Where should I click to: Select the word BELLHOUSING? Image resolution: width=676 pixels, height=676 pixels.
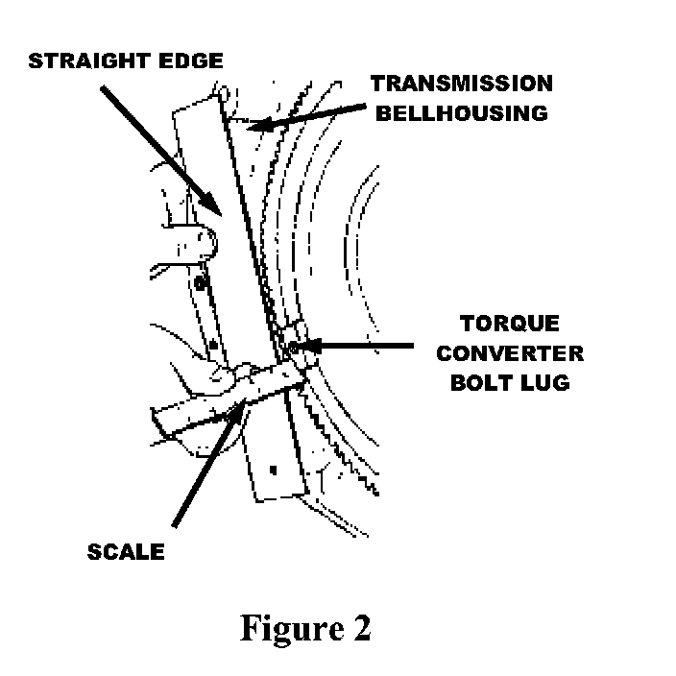[x=460, y=112]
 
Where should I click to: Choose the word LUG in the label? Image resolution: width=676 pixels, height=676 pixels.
[x=544, y=382]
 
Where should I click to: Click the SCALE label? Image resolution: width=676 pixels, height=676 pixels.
[x=127, y=552]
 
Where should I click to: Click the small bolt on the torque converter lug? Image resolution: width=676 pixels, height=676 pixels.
[x=291, y=347]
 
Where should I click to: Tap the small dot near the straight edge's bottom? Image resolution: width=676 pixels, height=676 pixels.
[x=273, y=470]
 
